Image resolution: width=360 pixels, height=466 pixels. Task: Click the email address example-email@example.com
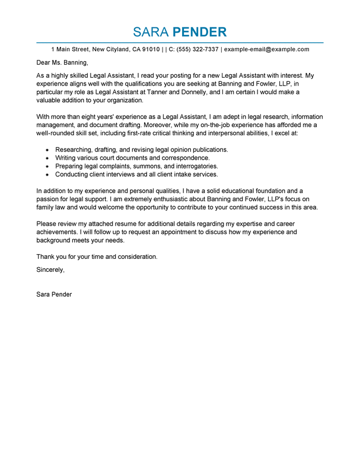tap(267, 49)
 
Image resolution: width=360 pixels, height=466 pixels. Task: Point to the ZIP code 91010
tap(151, 49)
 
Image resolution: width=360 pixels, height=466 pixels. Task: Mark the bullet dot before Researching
tap(46, 150)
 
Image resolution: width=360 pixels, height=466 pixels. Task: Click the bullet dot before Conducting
tap(46, 175)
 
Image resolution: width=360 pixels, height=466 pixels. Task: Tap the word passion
tap(49, 199)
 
